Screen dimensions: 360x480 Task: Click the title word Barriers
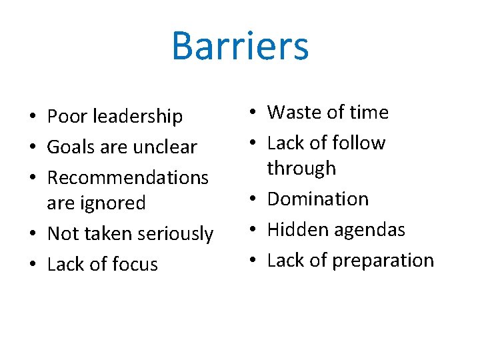pyautogui.click(x=240, y=45)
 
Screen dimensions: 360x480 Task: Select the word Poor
pyautogui.click(x=67, y=117)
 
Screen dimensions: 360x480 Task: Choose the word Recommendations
pyautogui.click(x=128, y=178)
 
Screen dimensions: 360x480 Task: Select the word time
pyautogui.click(x=367, y=113)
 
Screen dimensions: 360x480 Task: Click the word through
pyautogui.click(x=301, y=169)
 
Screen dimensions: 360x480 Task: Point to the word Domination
pyautogui.click(x=317, y=199)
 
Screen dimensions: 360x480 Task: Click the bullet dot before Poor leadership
pyautogui.click(x=33, y=118)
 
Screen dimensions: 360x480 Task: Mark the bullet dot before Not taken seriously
pyautogui.click(x=33, y=235)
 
